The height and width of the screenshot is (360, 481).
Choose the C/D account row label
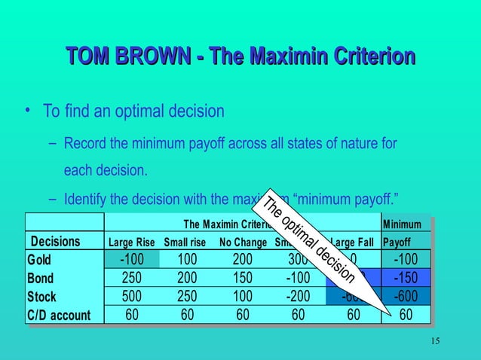coord(58,315)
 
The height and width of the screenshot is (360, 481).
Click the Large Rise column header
coord(132,243)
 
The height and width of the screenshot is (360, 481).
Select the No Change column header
coord(244,243)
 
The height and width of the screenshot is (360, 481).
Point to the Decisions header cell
coord(54,242)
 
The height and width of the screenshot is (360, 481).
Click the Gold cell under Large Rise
coord(132,260)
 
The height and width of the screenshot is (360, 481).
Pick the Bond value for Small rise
coord(187,278)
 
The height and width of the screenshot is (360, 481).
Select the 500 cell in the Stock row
coord(132,296)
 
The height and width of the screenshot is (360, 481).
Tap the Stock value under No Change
coord(242,296)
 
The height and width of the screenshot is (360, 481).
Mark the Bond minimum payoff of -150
coord(407,278)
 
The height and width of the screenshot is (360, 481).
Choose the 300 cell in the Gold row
coord(298,260)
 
